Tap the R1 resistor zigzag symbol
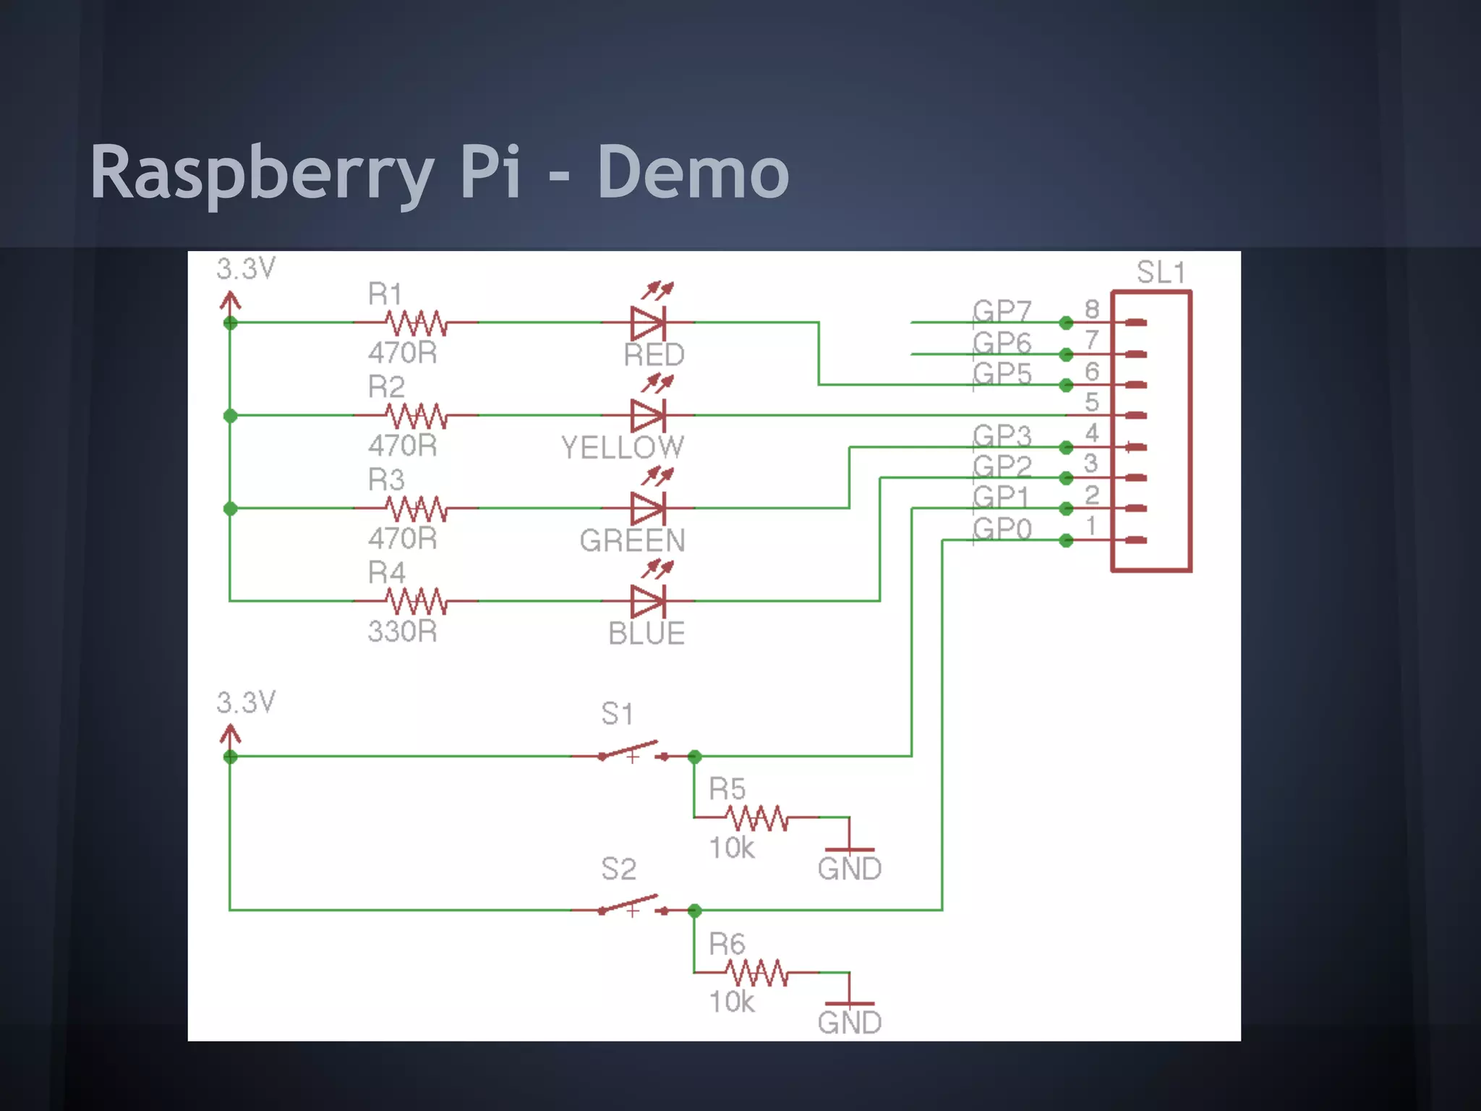[x=416, y=323]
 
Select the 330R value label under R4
[x=402, y=631]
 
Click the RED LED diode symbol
[x=648, y=323]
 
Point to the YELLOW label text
[x=623, y=448]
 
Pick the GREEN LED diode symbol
[x=648, y=508]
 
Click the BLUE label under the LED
[x=646, y=634]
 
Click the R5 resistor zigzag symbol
[x=756, y=818]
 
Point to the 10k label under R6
[x=731, y=1003]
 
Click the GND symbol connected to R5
[x=849, y=848]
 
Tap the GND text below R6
[x=849, y=1023]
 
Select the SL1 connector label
[x=1160, y=273]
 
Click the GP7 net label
[x=1002, y=311]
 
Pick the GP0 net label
[x=1002, y=529]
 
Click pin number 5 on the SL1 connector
[x=1092, y=402]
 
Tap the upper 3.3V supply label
[x=246, y=269]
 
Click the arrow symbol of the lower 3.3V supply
[x=230, y=736]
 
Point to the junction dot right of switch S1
[x=694, y=757]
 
